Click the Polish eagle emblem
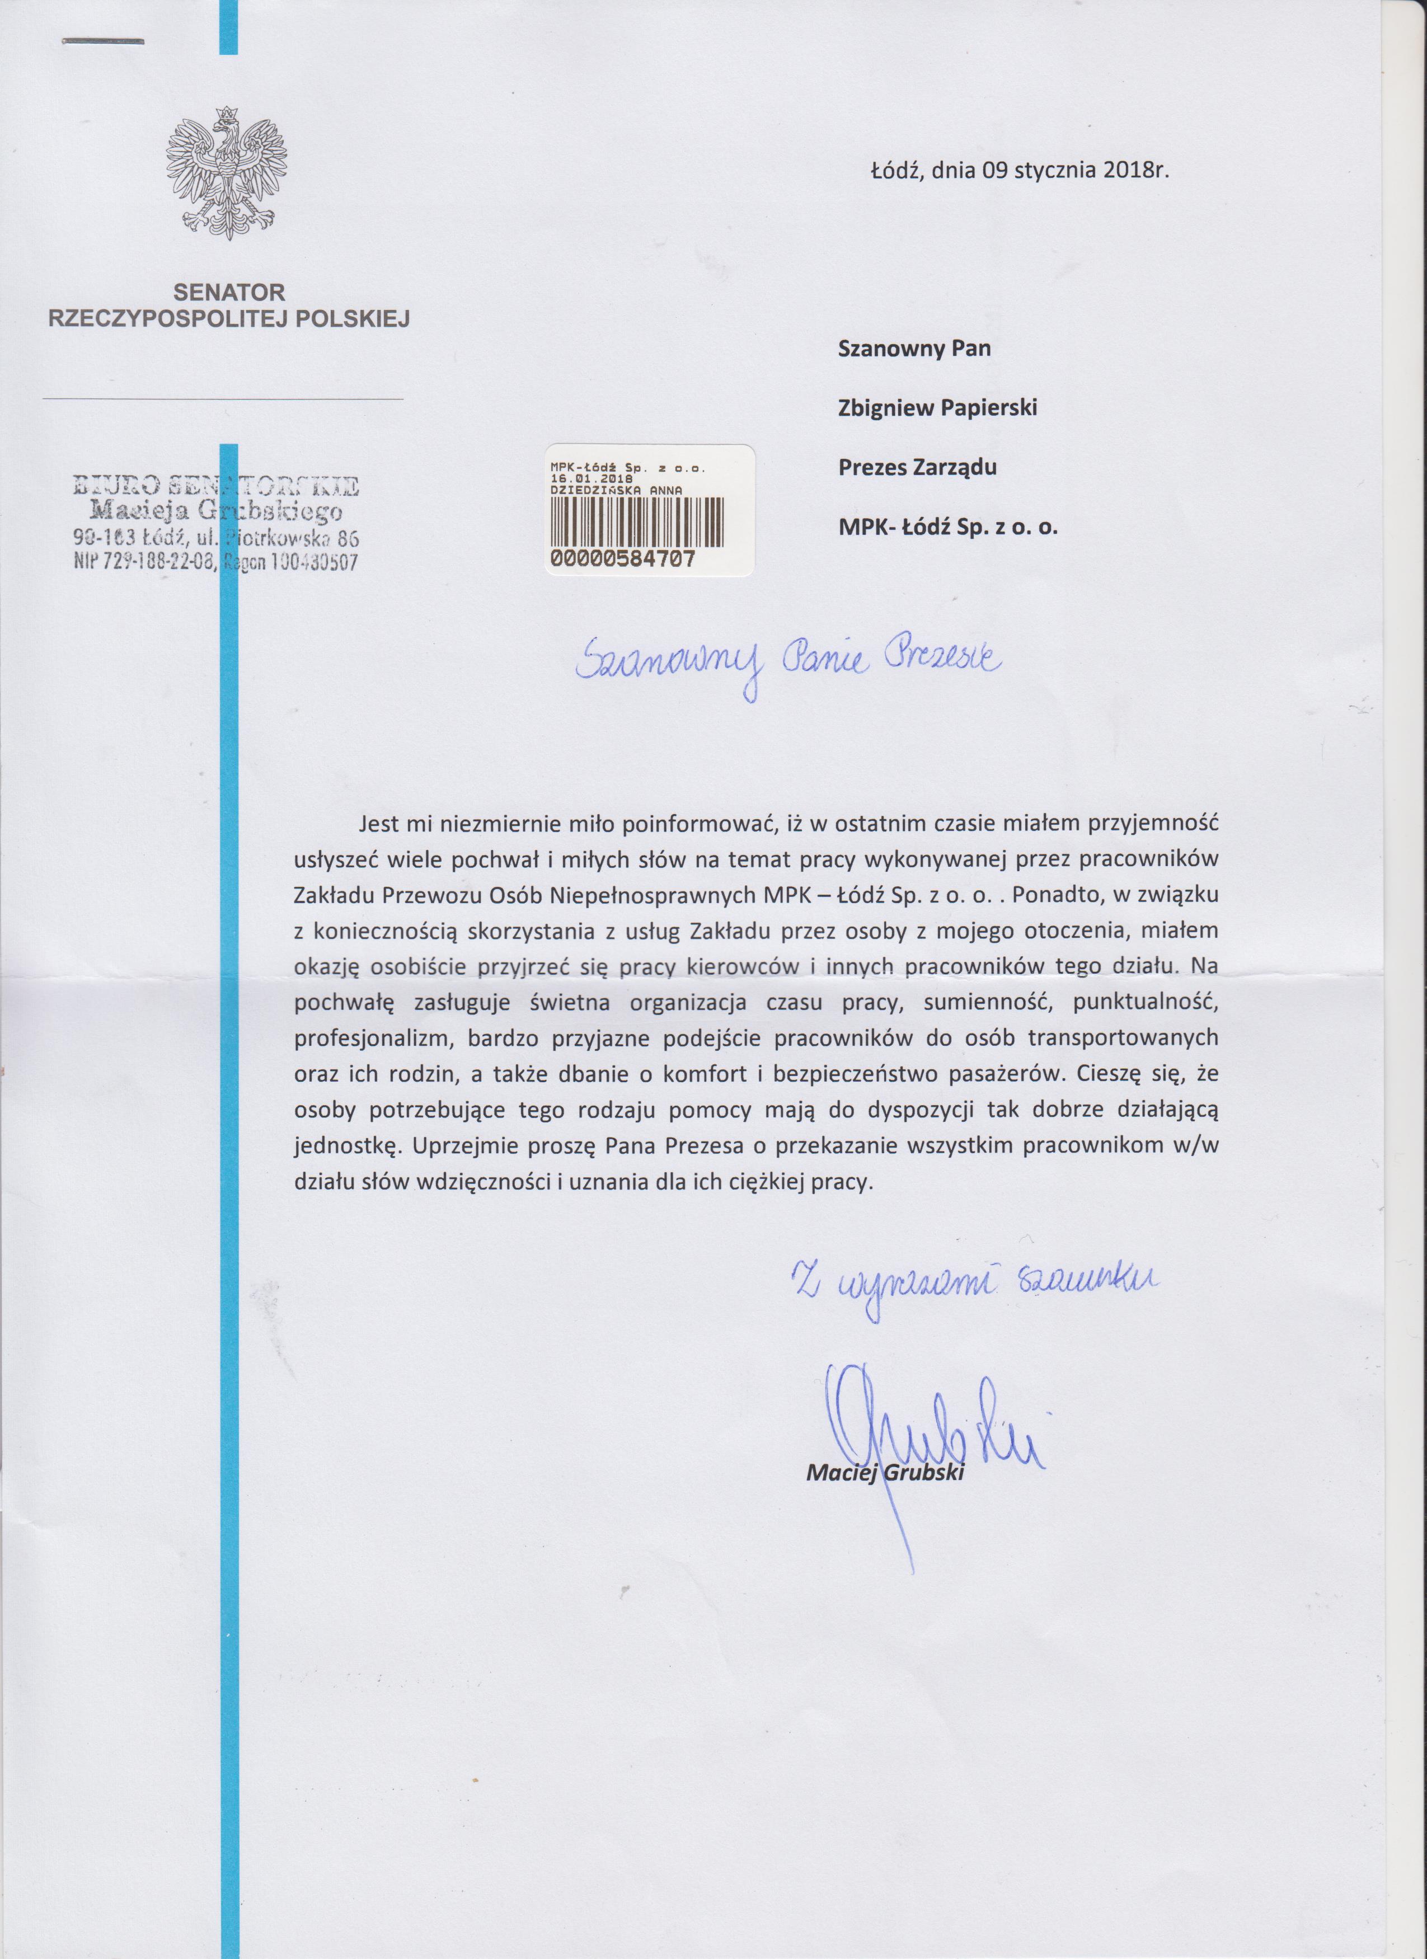coord(226,173)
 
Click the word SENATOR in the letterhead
coord(229,293)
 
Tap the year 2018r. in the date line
coord(1137,170)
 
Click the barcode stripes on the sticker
coord(639,522)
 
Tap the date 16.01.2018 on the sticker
coord(591,478)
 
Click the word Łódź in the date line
coord(898,170)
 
